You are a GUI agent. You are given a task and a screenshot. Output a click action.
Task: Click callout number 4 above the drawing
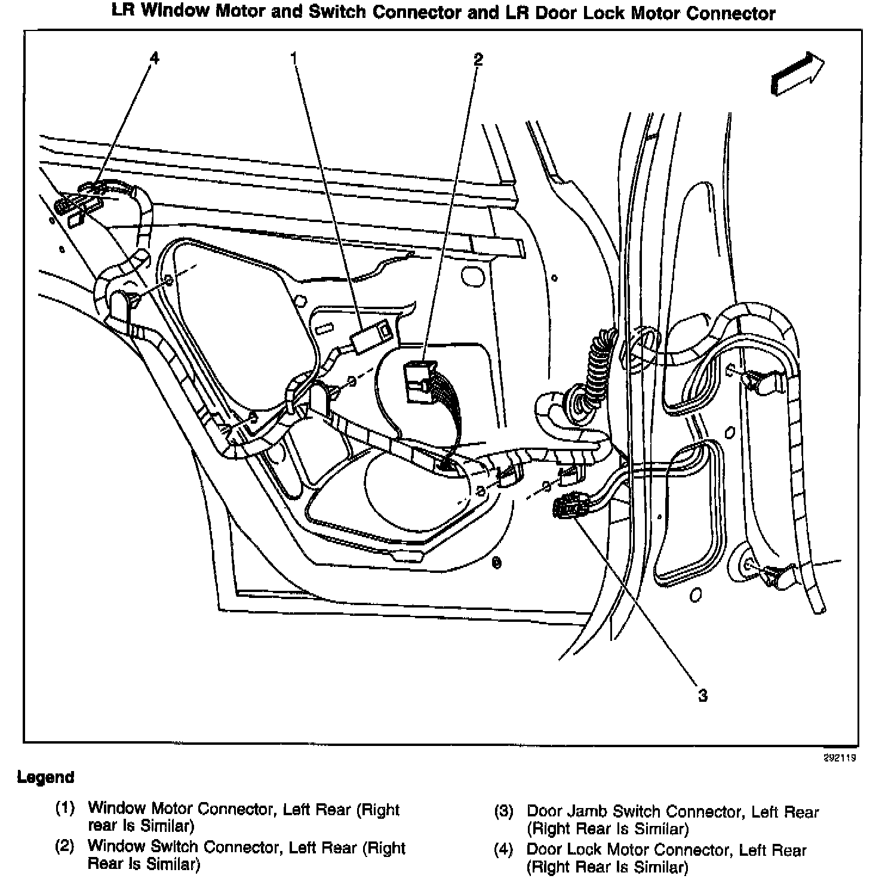[155, 58]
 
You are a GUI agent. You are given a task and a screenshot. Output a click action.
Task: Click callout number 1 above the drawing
[294, 58]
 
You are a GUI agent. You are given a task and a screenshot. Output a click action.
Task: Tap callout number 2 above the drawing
[477, 58]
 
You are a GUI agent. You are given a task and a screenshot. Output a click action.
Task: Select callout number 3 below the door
[703, 695]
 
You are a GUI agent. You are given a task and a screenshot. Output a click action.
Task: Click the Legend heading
[46, 777]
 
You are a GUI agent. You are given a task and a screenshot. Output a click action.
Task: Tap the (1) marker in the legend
[64, 809]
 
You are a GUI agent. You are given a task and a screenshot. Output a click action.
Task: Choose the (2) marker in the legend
[64, 847]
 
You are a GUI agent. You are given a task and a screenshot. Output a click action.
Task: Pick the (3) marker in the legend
[503, 812]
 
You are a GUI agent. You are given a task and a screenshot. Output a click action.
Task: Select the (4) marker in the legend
[503, 850]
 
